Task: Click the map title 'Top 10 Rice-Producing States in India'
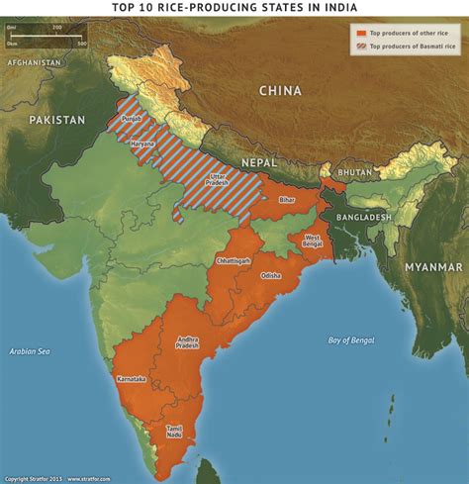[x=234, y=8]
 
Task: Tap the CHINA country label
[x=280, y=91]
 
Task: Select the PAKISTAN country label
[x=56, y=120]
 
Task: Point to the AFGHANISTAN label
[x=35, y=62]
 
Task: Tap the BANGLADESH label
[x=362, y=217]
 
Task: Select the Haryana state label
[x=143, y=145]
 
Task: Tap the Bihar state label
[x=287, y=201]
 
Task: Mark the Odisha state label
[x=271, y=275]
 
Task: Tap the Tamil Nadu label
[x=174, y=433]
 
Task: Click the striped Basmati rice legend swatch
[x=361, y=46]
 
